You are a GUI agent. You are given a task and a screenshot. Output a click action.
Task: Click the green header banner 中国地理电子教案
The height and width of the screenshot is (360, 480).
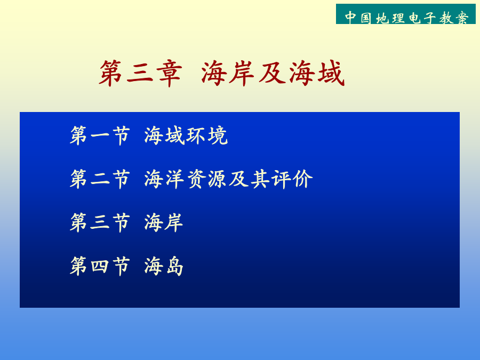(406, 14)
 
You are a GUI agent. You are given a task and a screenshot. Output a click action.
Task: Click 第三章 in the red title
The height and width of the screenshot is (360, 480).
(140, 73)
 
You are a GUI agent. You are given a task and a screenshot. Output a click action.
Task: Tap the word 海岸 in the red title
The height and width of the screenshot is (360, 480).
(228, 73)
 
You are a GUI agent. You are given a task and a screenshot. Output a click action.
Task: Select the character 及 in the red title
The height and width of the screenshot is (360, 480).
(271, 73)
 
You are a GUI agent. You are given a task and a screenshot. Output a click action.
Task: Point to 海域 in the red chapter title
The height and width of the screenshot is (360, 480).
(316, 73)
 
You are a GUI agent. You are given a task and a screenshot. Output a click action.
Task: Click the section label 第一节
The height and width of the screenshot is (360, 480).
(100, 135)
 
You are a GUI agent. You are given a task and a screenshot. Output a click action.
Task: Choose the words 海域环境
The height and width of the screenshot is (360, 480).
(186, 135)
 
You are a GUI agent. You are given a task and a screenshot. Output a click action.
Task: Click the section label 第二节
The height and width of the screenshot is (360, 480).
(100, 179)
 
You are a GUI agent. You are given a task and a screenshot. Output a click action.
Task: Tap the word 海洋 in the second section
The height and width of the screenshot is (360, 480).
(164, 179)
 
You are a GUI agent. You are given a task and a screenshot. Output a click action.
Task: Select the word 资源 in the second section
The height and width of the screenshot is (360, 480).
(207, 179)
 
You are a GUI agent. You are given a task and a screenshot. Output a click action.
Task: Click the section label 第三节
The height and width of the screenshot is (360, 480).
(100, 222)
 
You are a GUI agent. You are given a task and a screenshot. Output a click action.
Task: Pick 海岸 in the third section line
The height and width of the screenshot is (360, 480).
(164, 222)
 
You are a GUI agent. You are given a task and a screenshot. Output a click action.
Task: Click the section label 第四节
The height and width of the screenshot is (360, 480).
(100, 266)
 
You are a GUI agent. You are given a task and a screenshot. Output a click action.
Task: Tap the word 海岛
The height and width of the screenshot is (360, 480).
(164, 266)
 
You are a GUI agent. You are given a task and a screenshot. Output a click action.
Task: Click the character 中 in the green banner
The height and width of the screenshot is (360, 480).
(350, 18)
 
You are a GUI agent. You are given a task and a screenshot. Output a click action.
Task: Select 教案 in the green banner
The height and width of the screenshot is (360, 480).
(454, 18)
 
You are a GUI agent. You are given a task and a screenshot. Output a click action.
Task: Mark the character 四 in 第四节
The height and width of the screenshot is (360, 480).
(100, 266)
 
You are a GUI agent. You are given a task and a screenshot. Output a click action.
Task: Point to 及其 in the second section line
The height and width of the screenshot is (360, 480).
(250, 179)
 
